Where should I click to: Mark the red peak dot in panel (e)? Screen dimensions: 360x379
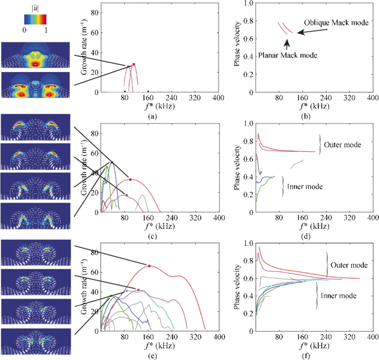tap(149, 266)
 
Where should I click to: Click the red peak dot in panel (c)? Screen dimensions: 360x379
tap(130, 179)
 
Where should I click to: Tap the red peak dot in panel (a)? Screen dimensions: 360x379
tap(133, 64)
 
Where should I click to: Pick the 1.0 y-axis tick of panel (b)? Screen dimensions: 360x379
tap(249, 3)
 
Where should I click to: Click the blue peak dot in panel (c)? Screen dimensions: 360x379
tap(112, 162)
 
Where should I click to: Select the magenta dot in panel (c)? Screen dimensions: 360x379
tap(126, 195)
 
